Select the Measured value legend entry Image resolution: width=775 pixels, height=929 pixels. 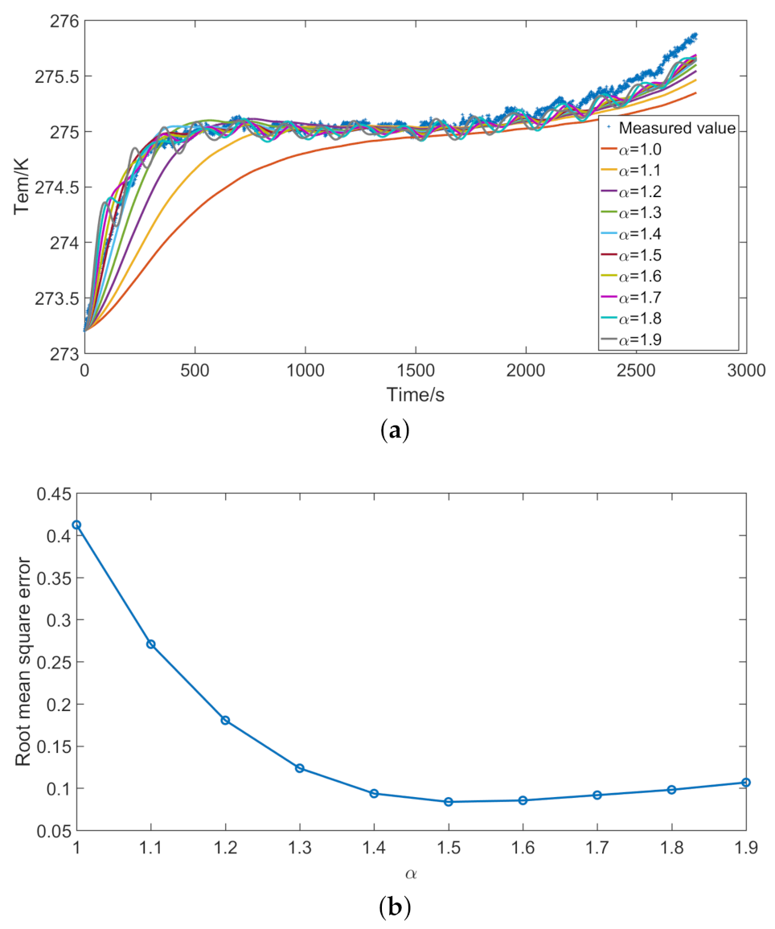click(x=667, y=128)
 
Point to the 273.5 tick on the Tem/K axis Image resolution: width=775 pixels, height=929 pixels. click(x=51, y=298)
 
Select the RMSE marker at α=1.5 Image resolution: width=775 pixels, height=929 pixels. click(x=449, y=802)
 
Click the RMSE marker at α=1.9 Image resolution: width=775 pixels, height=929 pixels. click(x=746, y=783)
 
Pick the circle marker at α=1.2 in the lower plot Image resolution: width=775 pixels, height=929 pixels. click(x=225, y=720)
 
